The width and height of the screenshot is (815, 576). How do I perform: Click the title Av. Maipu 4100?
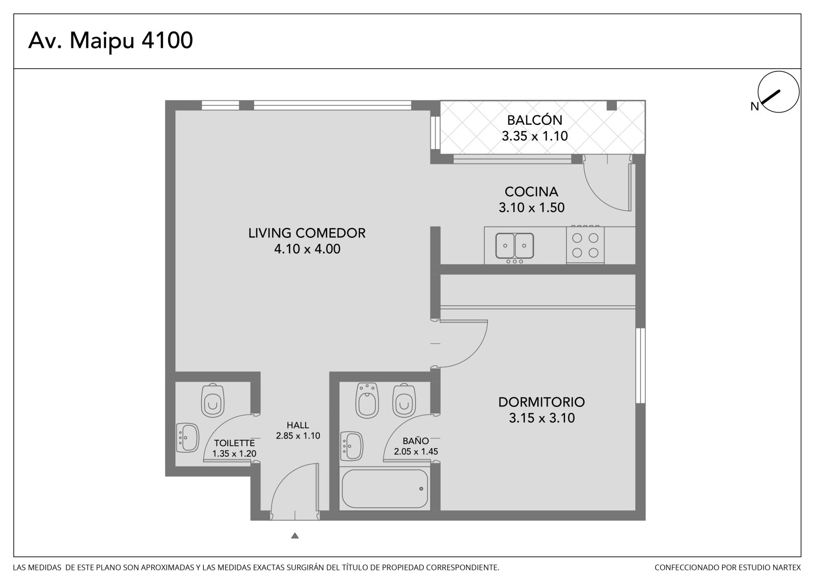111,41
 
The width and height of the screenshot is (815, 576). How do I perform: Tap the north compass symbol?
778,92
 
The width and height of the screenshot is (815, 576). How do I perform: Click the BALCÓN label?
534,120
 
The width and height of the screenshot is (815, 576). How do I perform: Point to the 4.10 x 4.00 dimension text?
307,249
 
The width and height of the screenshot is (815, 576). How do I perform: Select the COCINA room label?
531,192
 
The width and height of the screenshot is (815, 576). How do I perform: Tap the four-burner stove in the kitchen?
585,244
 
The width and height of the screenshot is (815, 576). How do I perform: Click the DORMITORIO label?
541,402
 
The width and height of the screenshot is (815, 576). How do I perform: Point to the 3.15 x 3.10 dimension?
541,418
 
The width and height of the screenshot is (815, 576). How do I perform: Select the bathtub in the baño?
385,489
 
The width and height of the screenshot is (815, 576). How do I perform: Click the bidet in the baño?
367,400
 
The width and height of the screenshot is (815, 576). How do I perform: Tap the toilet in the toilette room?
213,400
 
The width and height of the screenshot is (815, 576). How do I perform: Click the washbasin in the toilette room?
187,438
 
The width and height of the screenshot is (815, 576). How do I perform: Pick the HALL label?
297,425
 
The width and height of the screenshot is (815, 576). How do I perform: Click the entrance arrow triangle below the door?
295,536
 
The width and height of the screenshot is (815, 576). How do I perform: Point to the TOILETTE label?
234,443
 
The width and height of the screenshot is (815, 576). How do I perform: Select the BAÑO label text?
416,441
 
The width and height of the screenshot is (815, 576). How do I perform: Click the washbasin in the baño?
352,446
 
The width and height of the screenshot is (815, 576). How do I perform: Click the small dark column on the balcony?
612,105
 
